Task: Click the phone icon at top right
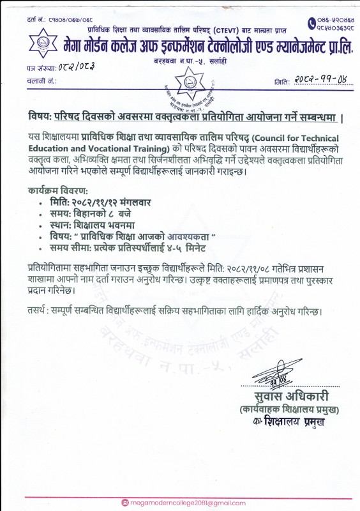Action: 311,22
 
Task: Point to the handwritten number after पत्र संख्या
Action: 76,66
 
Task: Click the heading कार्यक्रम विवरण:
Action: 58,190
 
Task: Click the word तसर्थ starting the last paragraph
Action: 38,312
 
